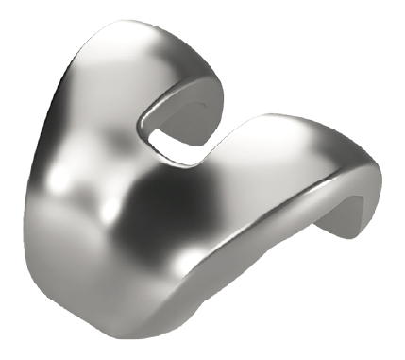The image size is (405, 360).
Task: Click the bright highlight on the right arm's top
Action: (x=283, y=128)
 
